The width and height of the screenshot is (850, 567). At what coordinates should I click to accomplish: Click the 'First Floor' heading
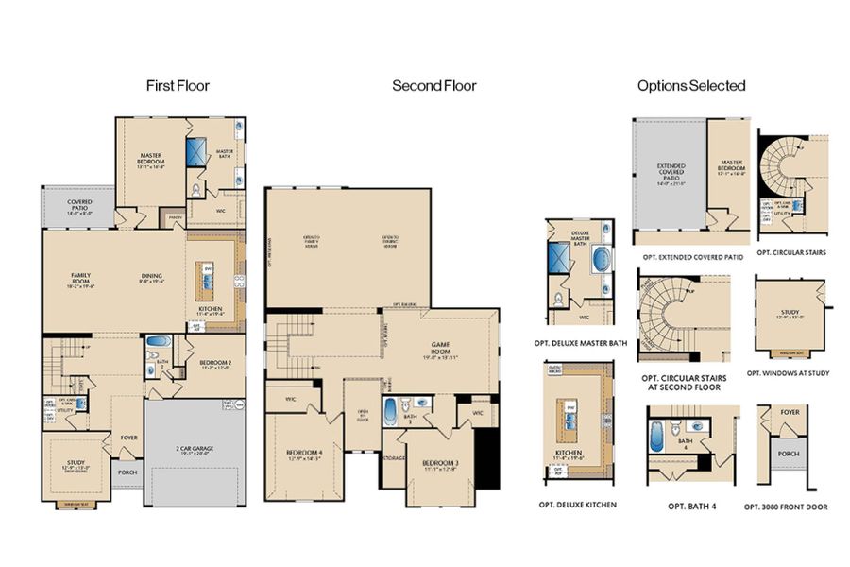[x=178, y=86]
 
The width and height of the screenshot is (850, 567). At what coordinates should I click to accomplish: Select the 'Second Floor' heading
[x=434, y=86]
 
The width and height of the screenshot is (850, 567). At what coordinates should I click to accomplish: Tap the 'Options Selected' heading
[x=691, y=86]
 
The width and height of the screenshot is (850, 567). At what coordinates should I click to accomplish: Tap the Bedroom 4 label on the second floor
[x=305, y=455]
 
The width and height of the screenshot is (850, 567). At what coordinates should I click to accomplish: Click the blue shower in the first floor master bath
[x=198, y=152]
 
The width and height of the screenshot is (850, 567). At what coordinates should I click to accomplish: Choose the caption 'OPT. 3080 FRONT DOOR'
[x=787, y=507]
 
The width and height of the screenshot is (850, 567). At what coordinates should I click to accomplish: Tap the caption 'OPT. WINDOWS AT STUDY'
[x=788, y=373]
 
